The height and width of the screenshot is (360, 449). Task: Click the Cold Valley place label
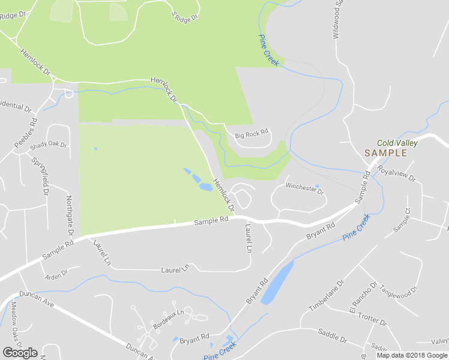point(397,143)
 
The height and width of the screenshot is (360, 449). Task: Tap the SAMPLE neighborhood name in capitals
point(385,153)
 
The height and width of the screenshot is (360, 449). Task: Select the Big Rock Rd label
point(251,134)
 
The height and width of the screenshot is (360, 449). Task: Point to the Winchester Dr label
point(304,188)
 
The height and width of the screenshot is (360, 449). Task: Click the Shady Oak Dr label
point(48,145)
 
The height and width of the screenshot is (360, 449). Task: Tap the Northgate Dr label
point(70,215)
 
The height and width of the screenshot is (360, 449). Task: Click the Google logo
point(20,353)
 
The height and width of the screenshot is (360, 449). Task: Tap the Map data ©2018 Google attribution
point(412,355)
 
